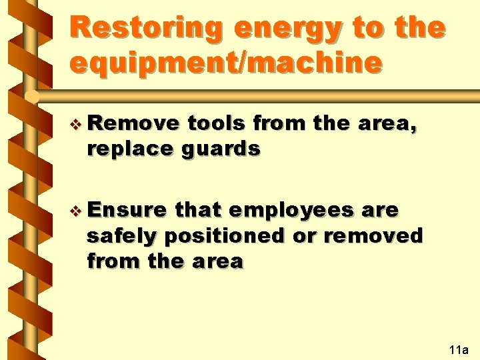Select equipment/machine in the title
click(227, 63)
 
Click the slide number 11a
click(459, 349)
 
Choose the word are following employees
click(381, 211)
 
